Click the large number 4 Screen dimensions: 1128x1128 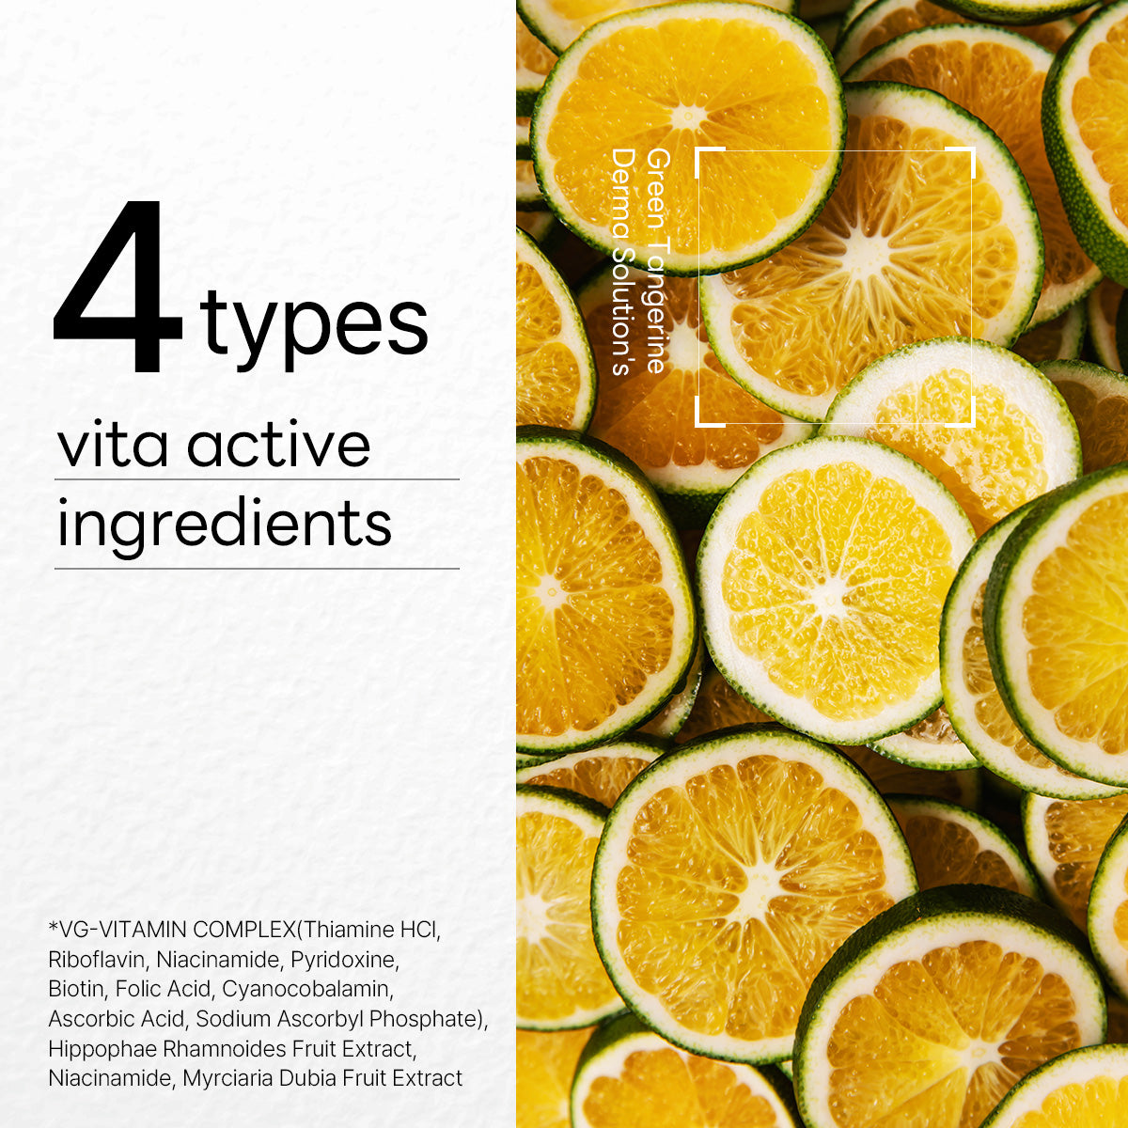pos(117,286)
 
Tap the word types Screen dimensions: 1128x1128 pos(314,327)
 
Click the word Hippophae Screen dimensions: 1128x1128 pos(102,1049)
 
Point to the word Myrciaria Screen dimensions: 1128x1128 pos(227,1078)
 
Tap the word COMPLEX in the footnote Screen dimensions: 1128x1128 pos(246,930)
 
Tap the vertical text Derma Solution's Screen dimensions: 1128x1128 pos(623,261)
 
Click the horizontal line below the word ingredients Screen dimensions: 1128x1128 pos(257,568)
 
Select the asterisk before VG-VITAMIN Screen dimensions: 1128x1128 pos(54,926)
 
